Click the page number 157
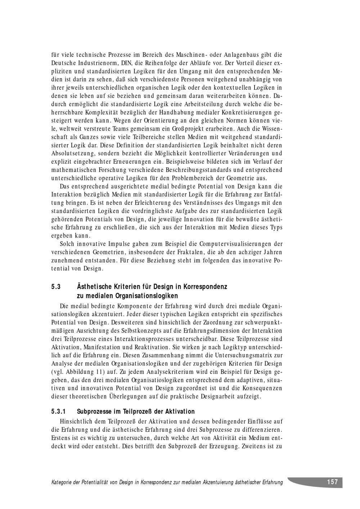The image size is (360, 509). coord(332,482)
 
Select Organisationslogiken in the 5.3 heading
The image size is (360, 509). coord(146,296)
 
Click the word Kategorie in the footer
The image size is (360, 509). coord(64,482)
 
